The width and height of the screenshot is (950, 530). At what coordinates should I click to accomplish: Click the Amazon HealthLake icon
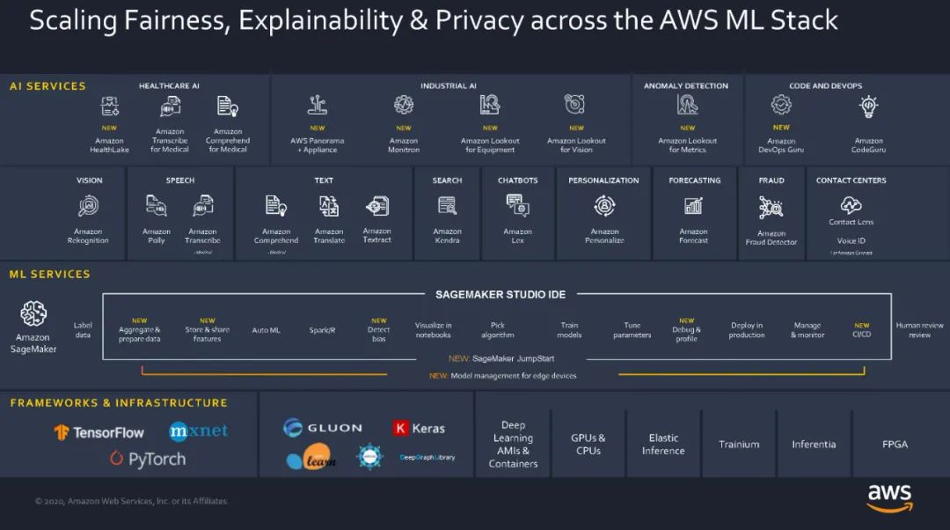[x=109, y=107]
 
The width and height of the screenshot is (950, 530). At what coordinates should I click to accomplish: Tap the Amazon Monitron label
[x=404, y=144]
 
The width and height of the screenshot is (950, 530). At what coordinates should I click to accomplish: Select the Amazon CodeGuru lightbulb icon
[x=868, y=107]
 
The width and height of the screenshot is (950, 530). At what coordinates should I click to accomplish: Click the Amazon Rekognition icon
[x=88, y=206]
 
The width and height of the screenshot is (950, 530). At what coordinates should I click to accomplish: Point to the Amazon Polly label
[x=157, y=236]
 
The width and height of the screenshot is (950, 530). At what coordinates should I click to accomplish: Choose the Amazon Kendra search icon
[x=447, y=206]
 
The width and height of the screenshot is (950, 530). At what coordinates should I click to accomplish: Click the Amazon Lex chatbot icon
[x=517, y=206]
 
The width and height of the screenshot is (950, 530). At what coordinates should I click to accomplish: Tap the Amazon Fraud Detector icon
[x=771, y=208]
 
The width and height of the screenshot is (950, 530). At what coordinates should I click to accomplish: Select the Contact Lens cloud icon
[x=851, y=205]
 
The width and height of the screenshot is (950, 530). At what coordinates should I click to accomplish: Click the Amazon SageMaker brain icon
[x=33, y=313]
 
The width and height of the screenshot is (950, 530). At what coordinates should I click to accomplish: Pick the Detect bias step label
[x=378, y=334]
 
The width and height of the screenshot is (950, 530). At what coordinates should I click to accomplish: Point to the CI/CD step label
[x=862, y=334]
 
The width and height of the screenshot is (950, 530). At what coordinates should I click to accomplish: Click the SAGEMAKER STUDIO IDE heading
[x=501, y=294]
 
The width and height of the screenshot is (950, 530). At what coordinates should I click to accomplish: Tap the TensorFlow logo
[x=99, y=432]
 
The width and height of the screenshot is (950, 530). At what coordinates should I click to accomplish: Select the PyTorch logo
[x=148, y=459]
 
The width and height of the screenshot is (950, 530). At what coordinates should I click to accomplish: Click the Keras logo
[x=419, y=428]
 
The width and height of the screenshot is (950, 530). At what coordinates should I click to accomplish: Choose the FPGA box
[x=894, y=445]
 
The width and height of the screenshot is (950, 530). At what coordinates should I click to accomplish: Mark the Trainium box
[x=739, y=445]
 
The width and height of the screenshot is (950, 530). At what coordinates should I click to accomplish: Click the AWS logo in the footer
[x=889, y=497]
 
